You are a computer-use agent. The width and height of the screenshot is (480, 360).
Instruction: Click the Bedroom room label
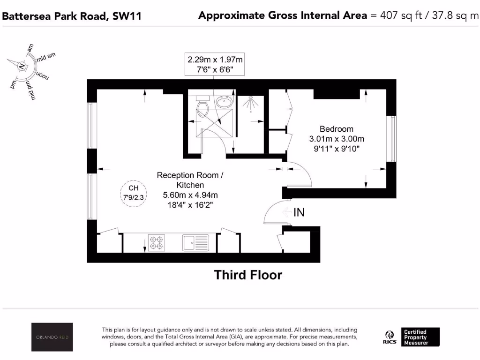[336, 129]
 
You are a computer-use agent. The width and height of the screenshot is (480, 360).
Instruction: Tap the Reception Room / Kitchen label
[190, 180]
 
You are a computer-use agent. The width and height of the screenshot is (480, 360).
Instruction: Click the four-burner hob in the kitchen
[157, 242]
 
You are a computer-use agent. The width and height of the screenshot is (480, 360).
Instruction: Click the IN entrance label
[299, 212]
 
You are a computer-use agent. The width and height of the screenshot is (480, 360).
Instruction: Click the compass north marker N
[21, 67]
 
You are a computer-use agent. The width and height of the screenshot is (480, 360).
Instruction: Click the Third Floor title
[248, 275]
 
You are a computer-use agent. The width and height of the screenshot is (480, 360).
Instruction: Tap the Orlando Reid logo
[52, 337]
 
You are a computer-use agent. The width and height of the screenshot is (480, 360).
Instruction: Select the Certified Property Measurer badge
[420, 337]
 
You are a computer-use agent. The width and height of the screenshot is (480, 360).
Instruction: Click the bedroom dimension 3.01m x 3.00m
[336, 139]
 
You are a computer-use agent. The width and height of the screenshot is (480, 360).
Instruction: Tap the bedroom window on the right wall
[391, 139]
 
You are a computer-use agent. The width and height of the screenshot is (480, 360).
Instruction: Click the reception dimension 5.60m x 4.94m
[190, 195]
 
